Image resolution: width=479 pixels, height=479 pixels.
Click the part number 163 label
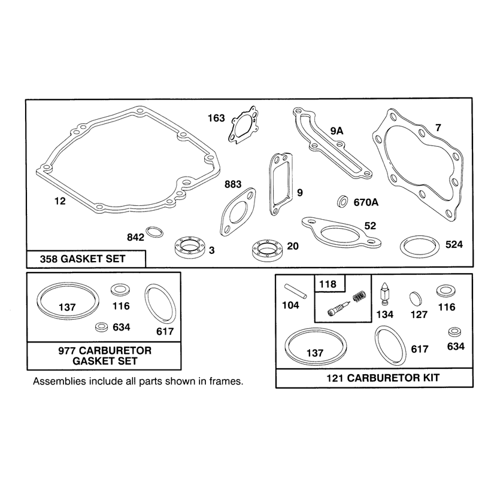click(x=216, y=118)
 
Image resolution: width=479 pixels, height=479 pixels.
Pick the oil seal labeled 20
click(x=268, y=250)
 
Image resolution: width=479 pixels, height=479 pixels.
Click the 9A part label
click(x=336, y=131)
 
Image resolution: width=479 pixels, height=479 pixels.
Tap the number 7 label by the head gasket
click(x=438, y=128)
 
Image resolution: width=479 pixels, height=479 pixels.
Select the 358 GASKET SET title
click(x=83, y=259)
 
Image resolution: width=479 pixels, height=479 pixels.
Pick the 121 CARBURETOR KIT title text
click(x=383, y=378)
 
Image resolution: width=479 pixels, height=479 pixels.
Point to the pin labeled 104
click(x=295, y=291)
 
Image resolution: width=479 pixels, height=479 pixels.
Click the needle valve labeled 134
click(x=384, y=293)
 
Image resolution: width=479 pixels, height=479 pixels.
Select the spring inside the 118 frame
click(x=359, y=296)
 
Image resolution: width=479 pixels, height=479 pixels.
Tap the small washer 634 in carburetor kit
click(x=454, y=332)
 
